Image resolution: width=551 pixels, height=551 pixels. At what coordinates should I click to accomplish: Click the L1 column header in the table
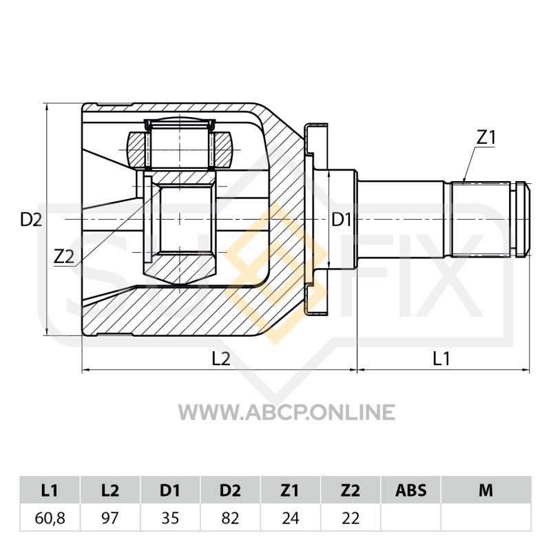coord(50,490)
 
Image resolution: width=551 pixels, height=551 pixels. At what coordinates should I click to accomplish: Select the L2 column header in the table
coord(110,490)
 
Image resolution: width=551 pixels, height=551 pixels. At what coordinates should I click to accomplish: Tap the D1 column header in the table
coord(170,490)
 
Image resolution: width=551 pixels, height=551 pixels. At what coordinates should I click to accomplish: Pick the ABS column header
coord(410,490)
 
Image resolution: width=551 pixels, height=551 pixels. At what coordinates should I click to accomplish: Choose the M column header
coord(486,490)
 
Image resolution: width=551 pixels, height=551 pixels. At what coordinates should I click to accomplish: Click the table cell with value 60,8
coord(50,518)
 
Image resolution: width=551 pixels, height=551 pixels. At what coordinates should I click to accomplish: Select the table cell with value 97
coord(110,518)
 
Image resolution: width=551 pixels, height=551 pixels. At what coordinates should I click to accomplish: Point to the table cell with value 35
coord(170,518)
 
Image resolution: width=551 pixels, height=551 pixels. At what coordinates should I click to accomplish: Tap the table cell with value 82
coord(231,518)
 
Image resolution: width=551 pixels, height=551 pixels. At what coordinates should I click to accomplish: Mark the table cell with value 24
coord(291,518)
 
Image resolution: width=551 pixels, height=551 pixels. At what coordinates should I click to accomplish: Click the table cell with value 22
coord(351,518)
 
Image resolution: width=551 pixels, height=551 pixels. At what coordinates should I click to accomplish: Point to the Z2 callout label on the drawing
coord(64,256)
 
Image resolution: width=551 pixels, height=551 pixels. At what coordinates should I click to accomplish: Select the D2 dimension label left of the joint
coord(31,220)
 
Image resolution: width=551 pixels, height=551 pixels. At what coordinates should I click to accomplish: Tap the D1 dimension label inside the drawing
coord(342,220)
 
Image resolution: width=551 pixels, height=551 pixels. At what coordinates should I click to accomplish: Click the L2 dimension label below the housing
coord(221,359)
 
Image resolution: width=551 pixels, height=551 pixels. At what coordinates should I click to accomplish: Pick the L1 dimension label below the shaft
coord(441,359)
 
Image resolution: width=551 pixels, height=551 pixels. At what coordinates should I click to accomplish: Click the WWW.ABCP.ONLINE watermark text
coord(287,412)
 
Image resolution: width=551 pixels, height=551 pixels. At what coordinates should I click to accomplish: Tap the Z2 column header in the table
coord(351,490)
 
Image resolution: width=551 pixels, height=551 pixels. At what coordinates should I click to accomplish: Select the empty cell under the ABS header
coord(410,518)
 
